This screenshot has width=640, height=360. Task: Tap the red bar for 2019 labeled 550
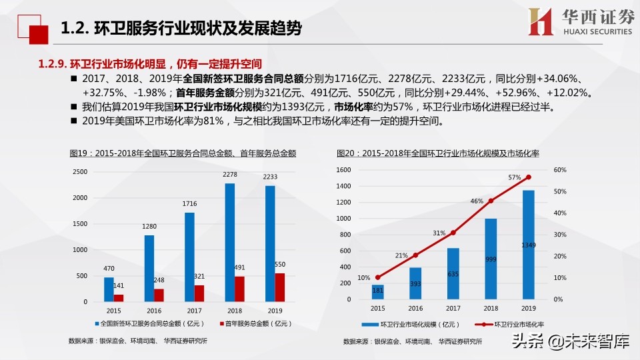click(x=280, y=287)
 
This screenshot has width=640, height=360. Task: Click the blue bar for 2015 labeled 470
click(x=109, y=289)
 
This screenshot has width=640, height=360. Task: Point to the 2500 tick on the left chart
click(x=80, y=171)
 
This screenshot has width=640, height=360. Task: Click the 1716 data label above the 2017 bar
click(x=189, y=203)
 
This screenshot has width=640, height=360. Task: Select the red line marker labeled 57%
click(x=529, y=177)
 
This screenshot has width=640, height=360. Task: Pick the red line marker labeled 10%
click(x=378, y=277)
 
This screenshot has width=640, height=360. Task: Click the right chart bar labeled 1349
click(x=529, y=245)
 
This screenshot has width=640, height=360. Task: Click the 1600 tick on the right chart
click(x=343, y=170)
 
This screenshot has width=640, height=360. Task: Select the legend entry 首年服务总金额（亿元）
click(x=256, y=323)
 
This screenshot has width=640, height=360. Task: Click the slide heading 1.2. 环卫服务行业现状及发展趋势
click(x=181, y=29)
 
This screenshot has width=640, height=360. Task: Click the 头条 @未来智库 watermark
click(x=569, y=343)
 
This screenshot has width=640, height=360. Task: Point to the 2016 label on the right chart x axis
click(x=415, y=309)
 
